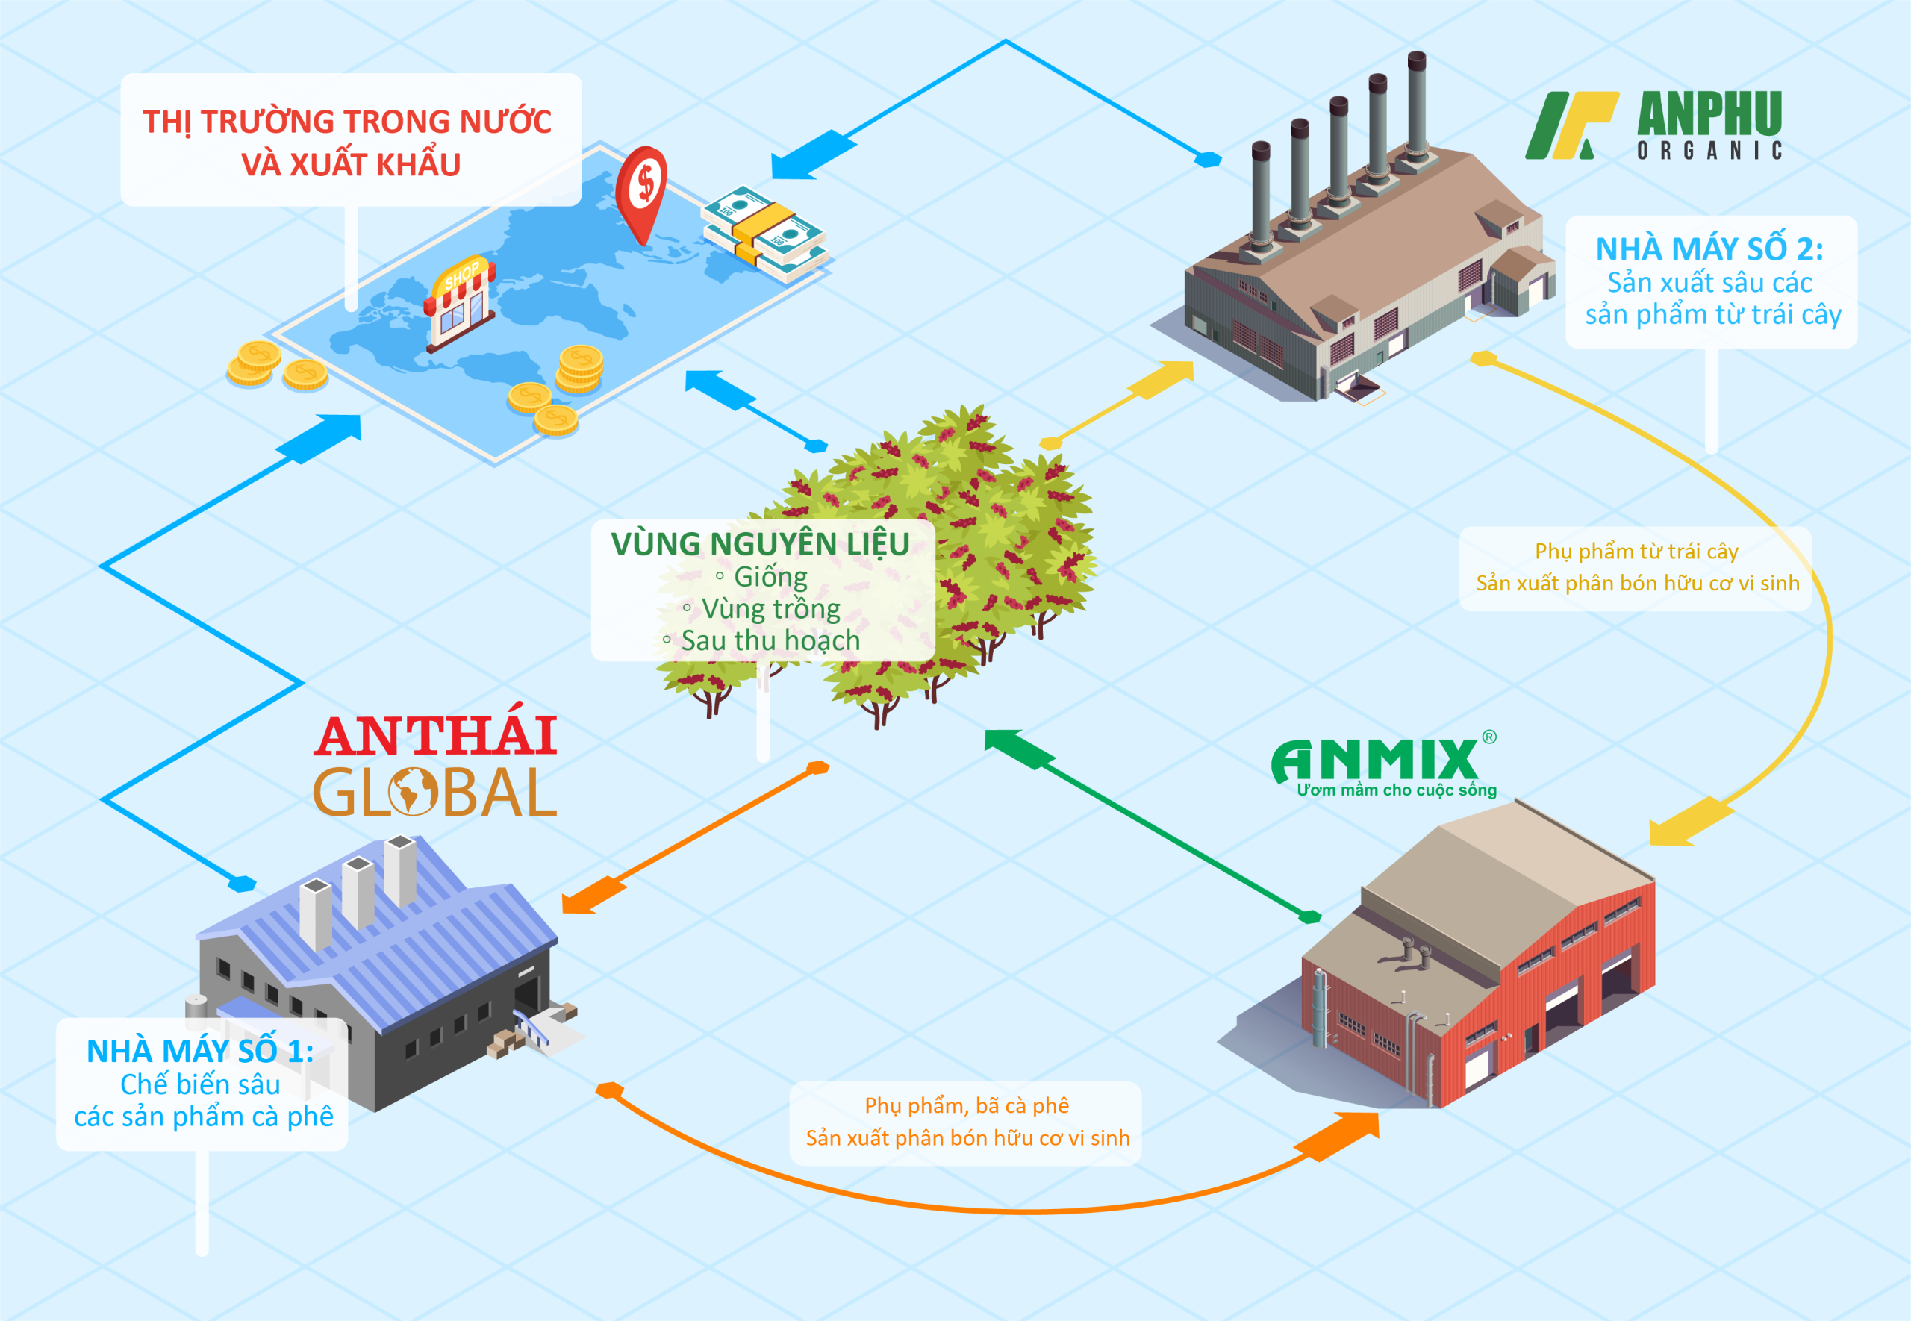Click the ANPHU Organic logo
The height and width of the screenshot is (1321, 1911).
(1653, 125)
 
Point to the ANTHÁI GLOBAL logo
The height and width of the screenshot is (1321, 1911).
(434, 766)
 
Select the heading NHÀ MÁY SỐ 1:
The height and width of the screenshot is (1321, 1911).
(200, 1051)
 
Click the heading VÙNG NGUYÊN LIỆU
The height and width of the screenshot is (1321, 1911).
(760, 544)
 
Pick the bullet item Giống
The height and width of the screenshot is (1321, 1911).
(770, 577)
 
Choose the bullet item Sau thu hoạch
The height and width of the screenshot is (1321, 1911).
(770, 640)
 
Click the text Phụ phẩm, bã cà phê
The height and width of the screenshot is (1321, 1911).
(966, 1106)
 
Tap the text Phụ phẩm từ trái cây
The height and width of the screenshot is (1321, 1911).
(1636, 552)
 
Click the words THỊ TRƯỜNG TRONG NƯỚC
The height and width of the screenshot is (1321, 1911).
(347, 122)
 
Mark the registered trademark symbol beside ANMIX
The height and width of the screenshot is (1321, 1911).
(1489, 737)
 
